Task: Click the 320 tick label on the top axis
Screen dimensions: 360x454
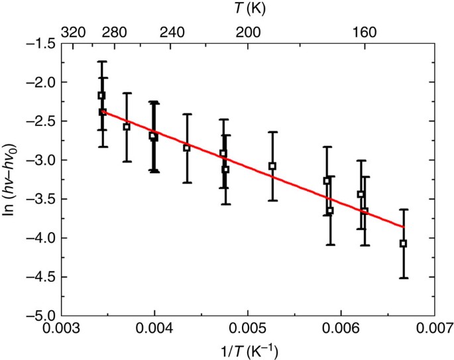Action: tap(73, 31)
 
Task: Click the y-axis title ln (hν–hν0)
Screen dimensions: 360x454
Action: tap(11, 179)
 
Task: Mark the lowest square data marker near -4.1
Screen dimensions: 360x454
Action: tap(403, 243)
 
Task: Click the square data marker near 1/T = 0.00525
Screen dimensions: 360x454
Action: tap(272, 166)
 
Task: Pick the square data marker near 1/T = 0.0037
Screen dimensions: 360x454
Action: tap(127, 127)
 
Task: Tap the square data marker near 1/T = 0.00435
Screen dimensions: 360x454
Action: tap(187, 148)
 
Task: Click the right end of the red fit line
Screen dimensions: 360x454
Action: tap(403, 227)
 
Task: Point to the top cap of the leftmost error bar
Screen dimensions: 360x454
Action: tap(101, 62)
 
